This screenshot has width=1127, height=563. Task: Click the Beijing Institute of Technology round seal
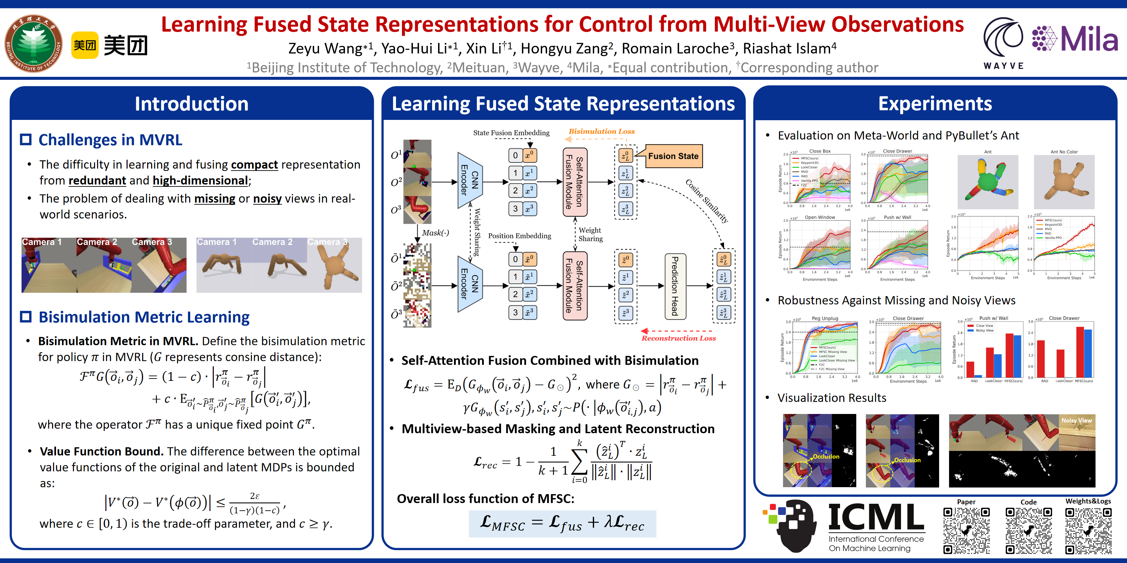pyautogui.click(x=34, y=43)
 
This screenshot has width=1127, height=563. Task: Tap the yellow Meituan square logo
pyautogui.click(x=85, y=45)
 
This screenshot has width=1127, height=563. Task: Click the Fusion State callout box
pyautogui.click(x=673, y=156)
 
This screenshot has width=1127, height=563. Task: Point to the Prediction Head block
pyautogui.click(x=675, y=286)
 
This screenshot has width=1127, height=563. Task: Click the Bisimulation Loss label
pyautogui.click(x=601, y=131)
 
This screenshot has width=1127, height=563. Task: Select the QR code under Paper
pyautogui.click(x=966, y=530)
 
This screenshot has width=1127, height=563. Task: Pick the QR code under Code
pyautogui.click(x=1028, y=530)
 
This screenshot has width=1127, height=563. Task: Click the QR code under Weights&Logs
pyautogui.click(x=1088, y=530)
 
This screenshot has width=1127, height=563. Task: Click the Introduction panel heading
pyautogui.click(x=191, y=104)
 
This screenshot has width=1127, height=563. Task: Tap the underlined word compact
pyautogui.click(x=254, y=165)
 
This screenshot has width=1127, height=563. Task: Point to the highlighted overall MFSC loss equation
pyautogui.click(x=562, y=523)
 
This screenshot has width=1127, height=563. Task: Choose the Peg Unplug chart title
pyautogui.click(x=825, y=318)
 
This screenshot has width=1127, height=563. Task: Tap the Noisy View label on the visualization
pyautogui.click(x=1076, y=421)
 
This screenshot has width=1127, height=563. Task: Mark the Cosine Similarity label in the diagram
pyautogui.click(x=706, y=201)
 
